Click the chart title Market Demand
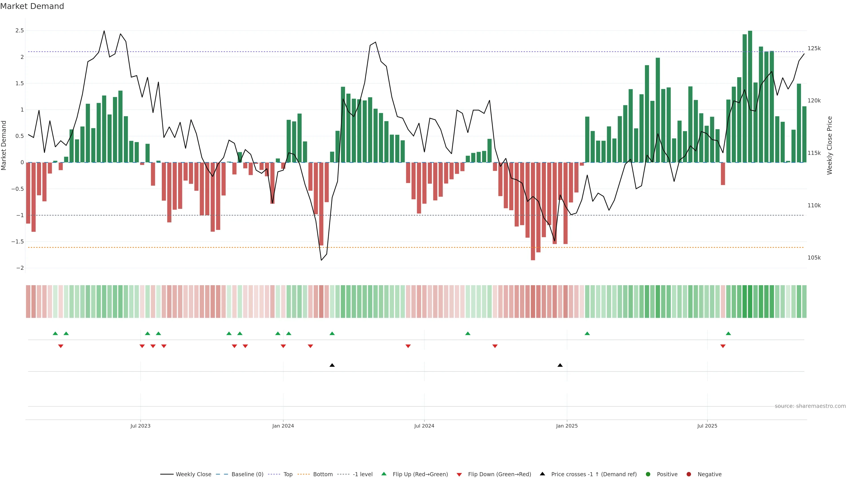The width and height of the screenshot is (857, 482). click(x=32, y=6)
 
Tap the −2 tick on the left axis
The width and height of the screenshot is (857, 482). click(x=20, y=268)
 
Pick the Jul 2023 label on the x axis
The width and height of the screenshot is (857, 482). click(x=140, y=426)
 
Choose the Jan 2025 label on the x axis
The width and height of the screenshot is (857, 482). click(x=567, y=426)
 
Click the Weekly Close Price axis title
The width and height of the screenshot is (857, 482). click(x=830, y=145)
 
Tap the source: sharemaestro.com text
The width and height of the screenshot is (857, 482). click(x=810, y=406)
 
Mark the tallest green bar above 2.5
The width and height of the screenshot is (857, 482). click(x=750, y=96)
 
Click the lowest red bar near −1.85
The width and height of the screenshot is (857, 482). click(x=533, y=213)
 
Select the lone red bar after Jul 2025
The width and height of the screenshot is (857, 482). click(x=723, y=174)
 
